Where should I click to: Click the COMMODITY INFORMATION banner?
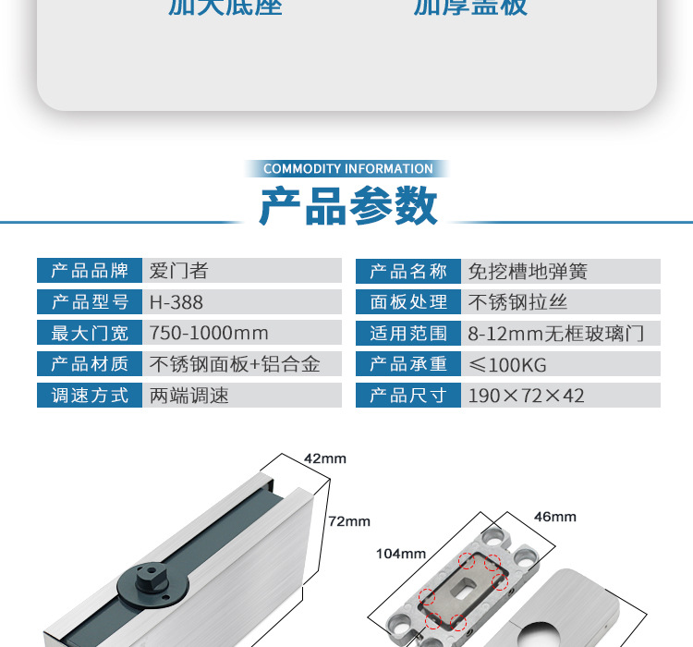pyautogui.click(x=347, y=169)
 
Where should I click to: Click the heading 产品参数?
pyautogui.click(x=347, y=205)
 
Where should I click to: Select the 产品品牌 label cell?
pyautogui.click(x=89, y=271)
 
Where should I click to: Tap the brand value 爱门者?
pyautogui.click(x=179, y=271)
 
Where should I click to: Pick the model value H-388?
pyautogui.click(x=176, y=302)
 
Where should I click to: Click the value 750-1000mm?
pyautogui.click(x=209, y=333)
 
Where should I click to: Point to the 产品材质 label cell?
pyautogui.click(x=89, y=364)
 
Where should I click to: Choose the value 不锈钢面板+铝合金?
pyautogui.click(x=235, y=364)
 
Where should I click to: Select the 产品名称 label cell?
pyautogui.click(x=407, y=271)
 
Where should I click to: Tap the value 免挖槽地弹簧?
pyautogui.click(x=528, y=271)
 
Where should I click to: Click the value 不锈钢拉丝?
pyautogui.click(x=517, y=302)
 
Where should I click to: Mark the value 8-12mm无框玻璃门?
pyautogui.click(x=555, y=334)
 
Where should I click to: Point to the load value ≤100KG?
pyautogui.click(x=507, y=364)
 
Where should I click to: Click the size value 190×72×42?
pyautogui.click(x=526, y=396)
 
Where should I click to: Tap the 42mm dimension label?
pyautogui.click(x=324, y=458)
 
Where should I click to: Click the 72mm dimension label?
pyautogui.click(x=349, y=521)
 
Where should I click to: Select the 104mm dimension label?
pyautogui.click(x=400, y=554)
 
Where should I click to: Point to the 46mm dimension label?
pyautogui.click(x=554, y=517)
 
